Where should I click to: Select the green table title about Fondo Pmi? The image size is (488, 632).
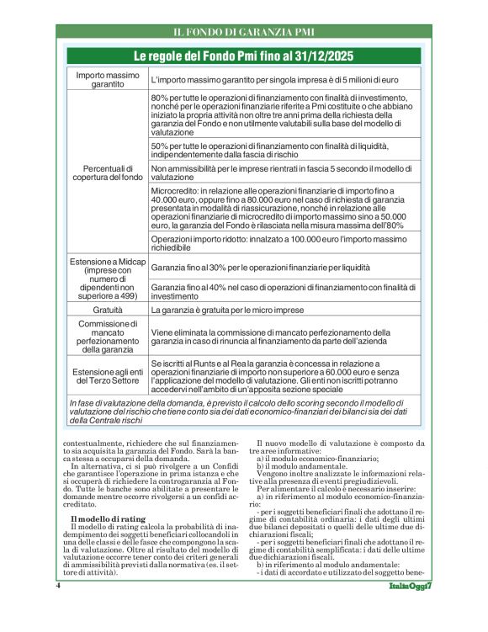(244, 56)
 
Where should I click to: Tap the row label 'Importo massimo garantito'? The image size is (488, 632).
(108, 80)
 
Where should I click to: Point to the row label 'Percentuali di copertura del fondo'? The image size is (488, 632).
(108, 173)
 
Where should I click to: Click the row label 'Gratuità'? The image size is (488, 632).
(108, 310)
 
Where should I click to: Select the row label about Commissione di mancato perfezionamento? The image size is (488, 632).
(108, 337)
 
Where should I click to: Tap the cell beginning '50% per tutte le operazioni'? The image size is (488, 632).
(284, 149)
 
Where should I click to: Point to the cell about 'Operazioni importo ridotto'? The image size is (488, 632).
(284, 244)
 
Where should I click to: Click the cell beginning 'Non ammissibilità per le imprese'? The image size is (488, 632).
(284, 173)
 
